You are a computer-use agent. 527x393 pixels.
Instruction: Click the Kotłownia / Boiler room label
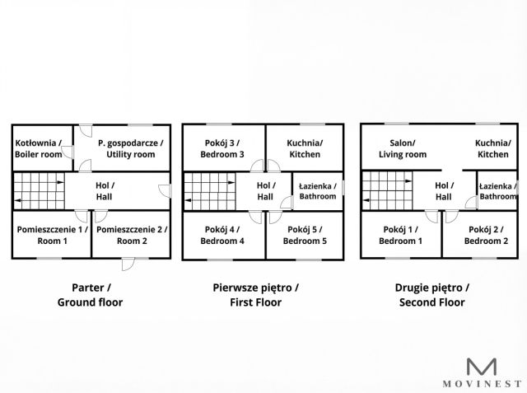point(37,148)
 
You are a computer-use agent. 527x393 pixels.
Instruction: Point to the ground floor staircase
point(38,191)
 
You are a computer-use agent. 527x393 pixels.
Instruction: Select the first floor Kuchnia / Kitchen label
point(305,148)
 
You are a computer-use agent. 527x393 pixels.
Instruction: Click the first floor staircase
point(208,191)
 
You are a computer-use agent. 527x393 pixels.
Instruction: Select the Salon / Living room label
point(402,148)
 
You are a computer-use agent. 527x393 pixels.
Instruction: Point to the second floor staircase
point(388,191)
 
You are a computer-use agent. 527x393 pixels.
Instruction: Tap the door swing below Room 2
point(127,264)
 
